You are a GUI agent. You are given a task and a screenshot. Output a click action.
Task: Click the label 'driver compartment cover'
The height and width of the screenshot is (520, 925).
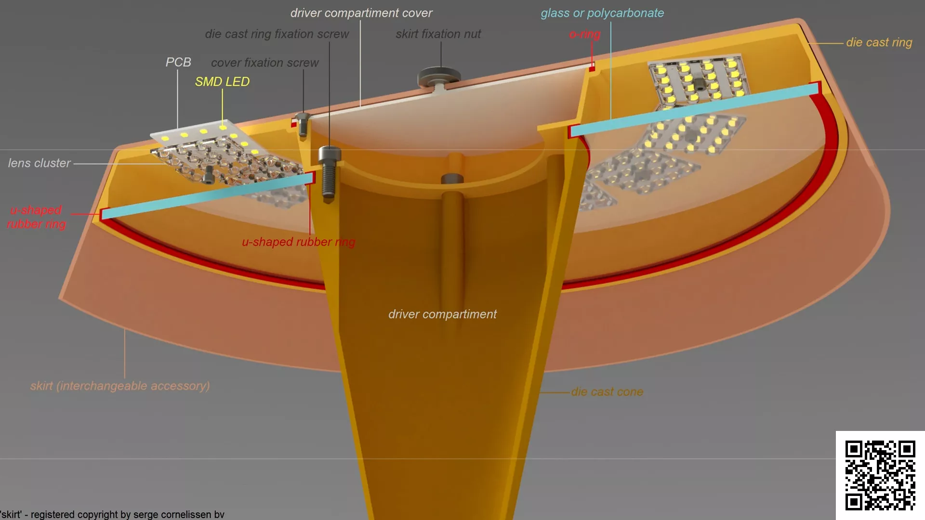(361, 13)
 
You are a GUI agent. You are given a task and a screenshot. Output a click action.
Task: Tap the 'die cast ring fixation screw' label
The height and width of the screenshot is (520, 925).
(277, 34)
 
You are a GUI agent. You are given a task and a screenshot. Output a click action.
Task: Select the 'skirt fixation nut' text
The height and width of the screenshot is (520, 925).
(438, 34)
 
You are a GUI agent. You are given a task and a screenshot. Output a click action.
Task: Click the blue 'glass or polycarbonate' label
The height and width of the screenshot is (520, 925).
(602, 13)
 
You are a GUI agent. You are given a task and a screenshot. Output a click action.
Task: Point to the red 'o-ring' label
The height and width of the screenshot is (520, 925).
(585, 34)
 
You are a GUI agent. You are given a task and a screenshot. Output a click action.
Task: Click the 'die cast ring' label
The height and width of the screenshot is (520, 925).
(879, 42)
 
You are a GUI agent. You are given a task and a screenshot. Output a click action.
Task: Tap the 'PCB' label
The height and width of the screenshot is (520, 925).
(178, 62)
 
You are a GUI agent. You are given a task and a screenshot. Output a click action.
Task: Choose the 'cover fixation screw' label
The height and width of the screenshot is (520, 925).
(265, 63)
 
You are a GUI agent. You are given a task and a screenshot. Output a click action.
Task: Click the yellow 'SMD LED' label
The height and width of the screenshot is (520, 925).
(222, 82)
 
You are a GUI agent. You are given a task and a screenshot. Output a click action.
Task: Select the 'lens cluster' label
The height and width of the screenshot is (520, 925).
(40, 163)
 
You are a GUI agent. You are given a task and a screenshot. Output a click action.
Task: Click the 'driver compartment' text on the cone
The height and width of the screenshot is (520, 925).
(443, 314)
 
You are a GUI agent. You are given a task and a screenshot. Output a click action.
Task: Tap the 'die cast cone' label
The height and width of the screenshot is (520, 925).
(607, 392)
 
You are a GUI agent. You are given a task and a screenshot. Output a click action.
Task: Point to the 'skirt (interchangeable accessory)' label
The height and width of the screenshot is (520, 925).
(120, 386)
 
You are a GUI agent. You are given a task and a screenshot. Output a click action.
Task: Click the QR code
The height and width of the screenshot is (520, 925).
(880, 475)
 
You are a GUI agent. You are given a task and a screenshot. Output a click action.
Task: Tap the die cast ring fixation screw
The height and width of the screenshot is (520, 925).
(329, 172)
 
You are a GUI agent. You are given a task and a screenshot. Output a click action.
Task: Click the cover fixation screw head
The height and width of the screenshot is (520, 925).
(302, 117)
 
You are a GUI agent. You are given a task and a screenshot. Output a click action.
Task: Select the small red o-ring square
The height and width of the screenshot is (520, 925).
(592, 69)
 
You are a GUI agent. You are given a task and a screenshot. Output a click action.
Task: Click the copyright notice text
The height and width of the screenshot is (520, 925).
(112, 514)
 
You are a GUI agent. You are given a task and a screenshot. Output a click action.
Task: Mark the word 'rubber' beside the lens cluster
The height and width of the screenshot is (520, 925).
(24, 224)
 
